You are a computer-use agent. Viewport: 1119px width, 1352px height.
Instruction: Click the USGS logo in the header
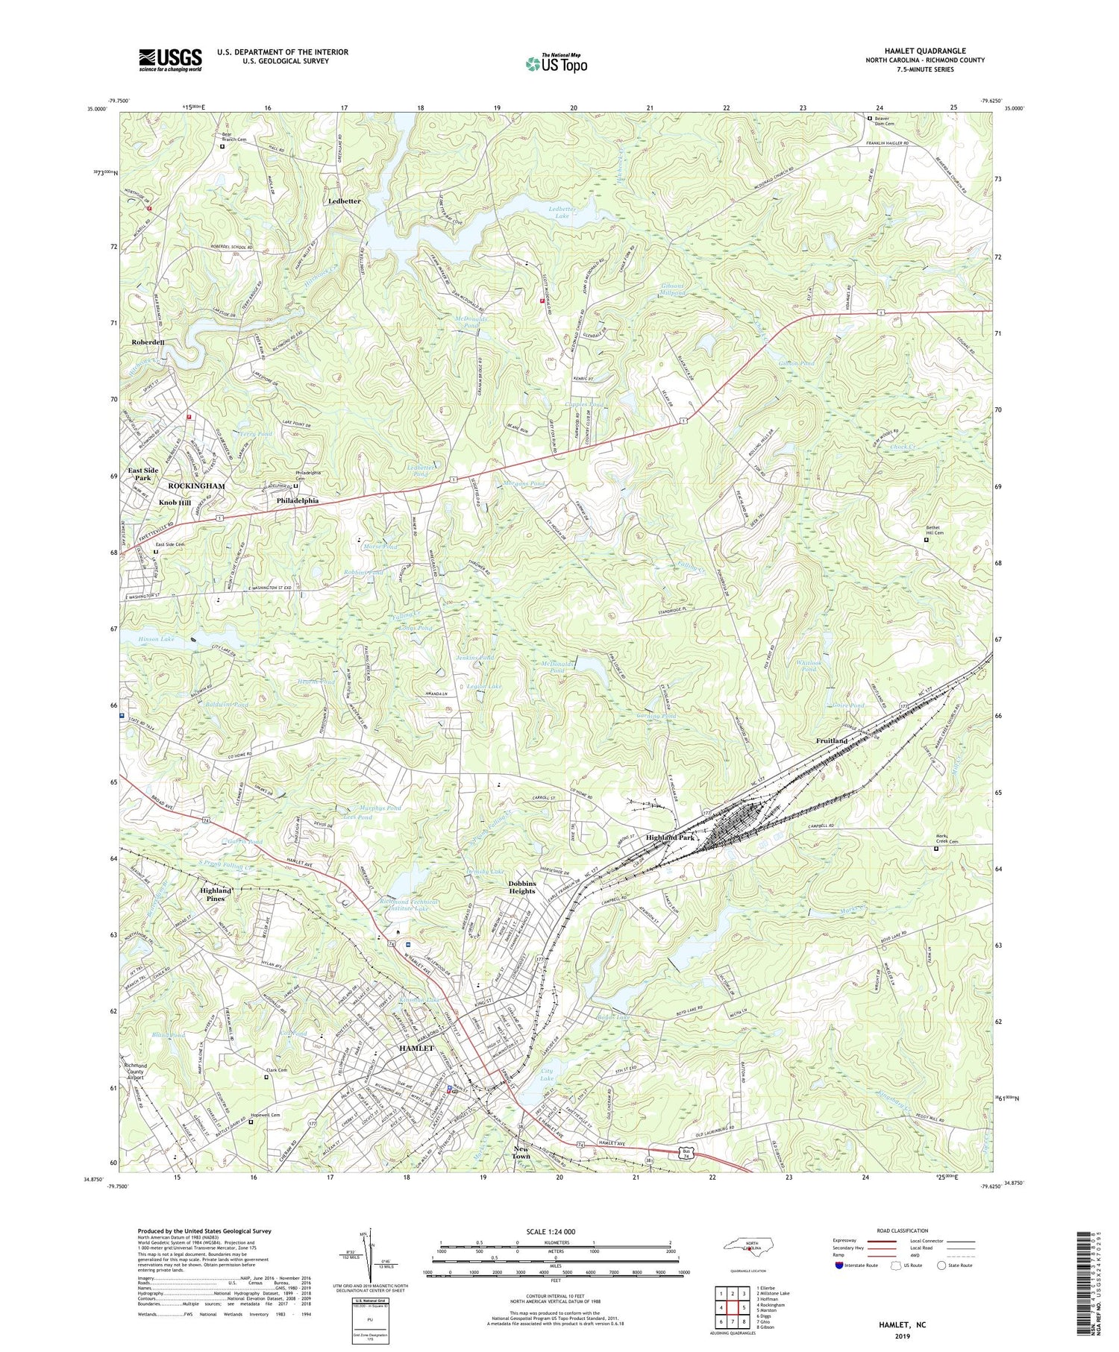pos(170,60)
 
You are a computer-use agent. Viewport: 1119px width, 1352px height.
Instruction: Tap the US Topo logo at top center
pos(556,63)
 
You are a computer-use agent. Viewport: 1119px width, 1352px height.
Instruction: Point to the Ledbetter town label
pos(344,201)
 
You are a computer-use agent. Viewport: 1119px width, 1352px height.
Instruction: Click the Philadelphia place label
pos(298,500)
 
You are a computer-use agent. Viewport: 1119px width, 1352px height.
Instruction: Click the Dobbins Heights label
pos(522,887)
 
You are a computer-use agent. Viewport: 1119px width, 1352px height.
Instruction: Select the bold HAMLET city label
pos(416,1048)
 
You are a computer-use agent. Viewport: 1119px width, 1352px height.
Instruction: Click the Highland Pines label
pos(216,895)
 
